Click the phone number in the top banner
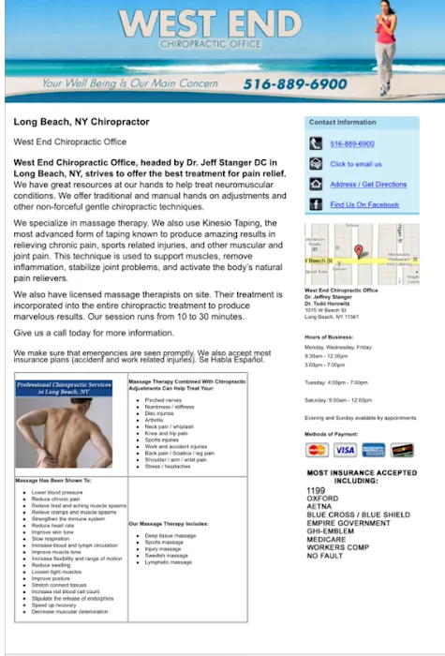[x=294, y=84]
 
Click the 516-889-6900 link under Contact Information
[x=352, y=143]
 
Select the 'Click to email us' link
[x=355, y=164]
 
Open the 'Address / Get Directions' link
[x=368, y=185]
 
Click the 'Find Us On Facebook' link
[x=364, y=204]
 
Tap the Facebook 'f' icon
[x=314, y=204]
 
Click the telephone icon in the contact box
[x=314, y=143]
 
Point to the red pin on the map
[x=358, y=250]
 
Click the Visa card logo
[x=345, y=450]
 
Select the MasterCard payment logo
[x=317, y=450]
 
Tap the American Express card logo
[x=373, y=450]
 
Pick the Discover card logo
[x=401, y=450]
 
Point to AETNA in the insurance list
[x=320, y=506]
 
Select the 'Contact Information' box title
[x=343, y=123]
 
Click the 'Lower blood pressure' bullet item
[x=58, y=492]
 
